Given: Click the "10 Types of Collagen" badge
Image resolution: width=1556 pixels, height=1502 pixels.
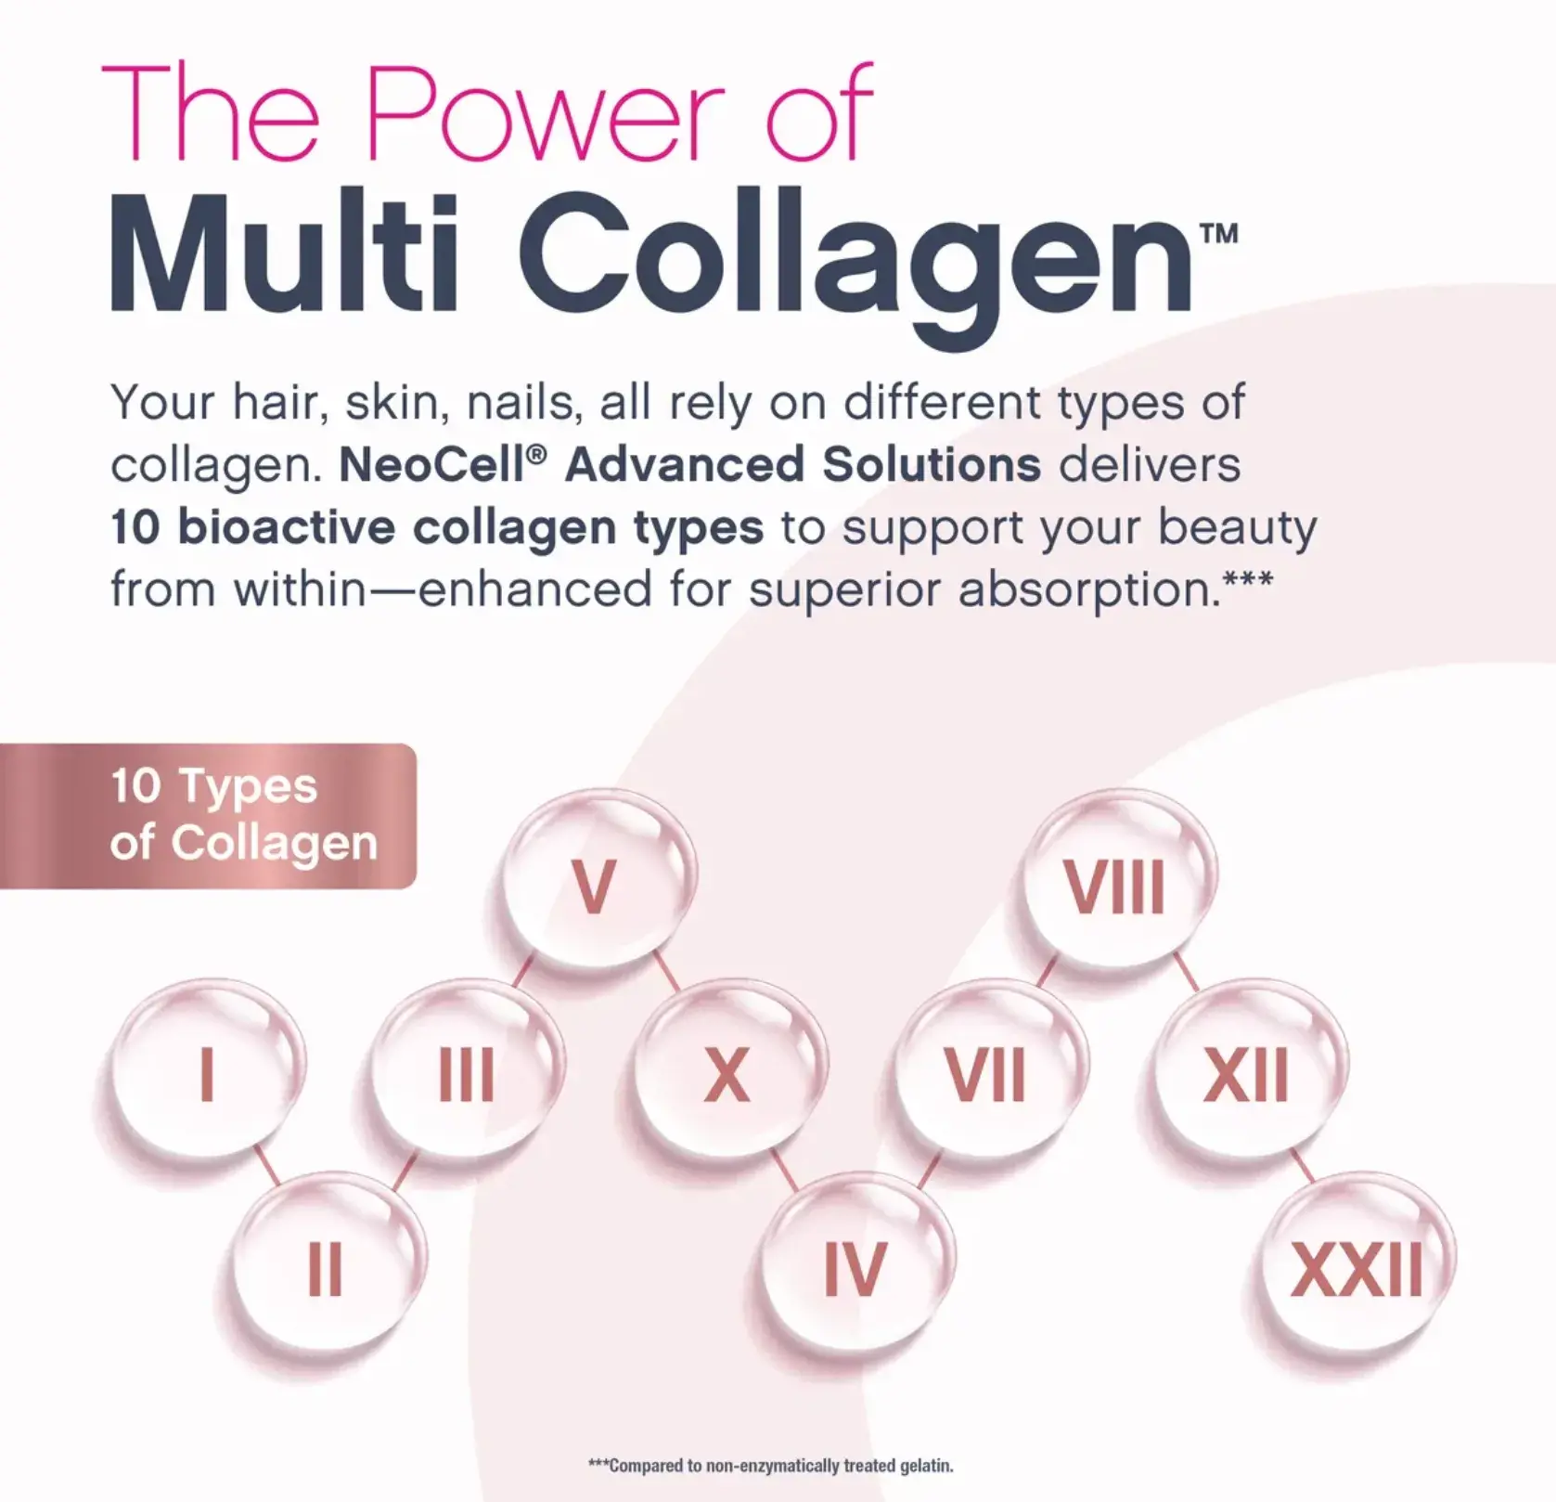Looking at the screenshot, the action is tap(208, 816).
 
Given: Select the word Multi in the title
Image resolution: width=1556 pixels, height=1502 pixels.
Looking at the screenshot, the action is tap(284, 252).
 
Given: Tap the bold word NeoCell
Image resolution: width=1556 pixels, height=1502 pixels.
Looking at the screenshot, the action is tap(434, 465).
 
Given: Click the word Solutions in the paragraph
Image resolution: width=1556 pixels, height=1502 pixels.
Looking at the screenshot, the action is tap(932, 465).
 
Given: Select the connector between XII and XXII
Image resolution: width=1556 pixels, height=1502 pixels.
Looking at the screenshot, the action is tap(1303, 1164).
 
